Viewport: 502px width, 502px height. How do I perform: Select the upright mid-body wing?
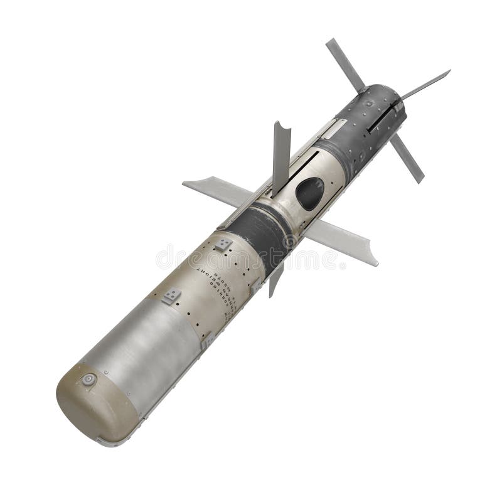coord(280,154)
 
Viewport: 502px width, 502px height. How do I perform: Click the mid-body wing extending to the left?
coord(213,188)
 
